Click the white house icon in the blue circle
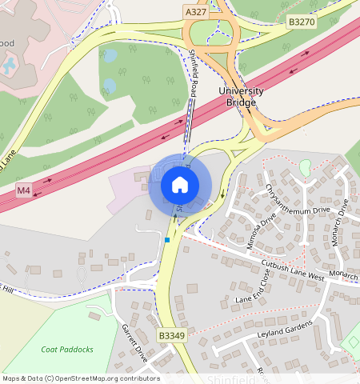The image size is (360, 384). pos(180,185)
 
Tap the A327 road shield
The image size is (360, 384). pos(195,12)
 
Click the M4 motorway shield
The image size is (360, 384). pos(24,191)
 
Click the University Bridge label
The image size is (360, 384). pos(241,97)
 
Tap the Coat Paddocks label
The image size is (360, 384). pos(67,350)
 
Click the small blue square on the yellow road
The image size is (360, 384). pos(167,240)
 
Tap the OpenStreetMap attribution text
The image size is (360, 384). pos(81,378)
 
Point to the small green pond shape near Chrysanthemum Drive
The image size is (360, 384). pos(305,166)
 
